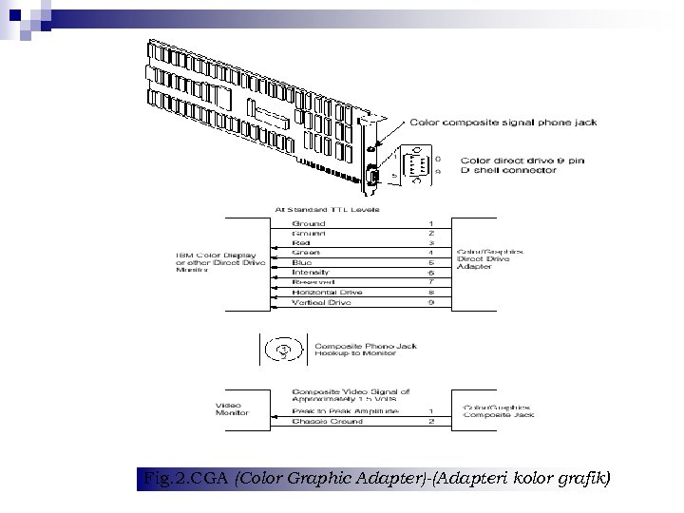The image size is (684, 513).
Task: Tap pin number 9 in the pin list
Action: (432, 302)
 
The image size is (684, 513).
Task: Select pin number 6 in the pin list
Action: (432, 273)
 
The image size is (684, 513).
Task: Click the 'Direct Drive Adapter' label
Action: (490, 263)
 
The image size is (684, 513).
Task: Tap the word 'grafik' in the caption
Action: (583, 478)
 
